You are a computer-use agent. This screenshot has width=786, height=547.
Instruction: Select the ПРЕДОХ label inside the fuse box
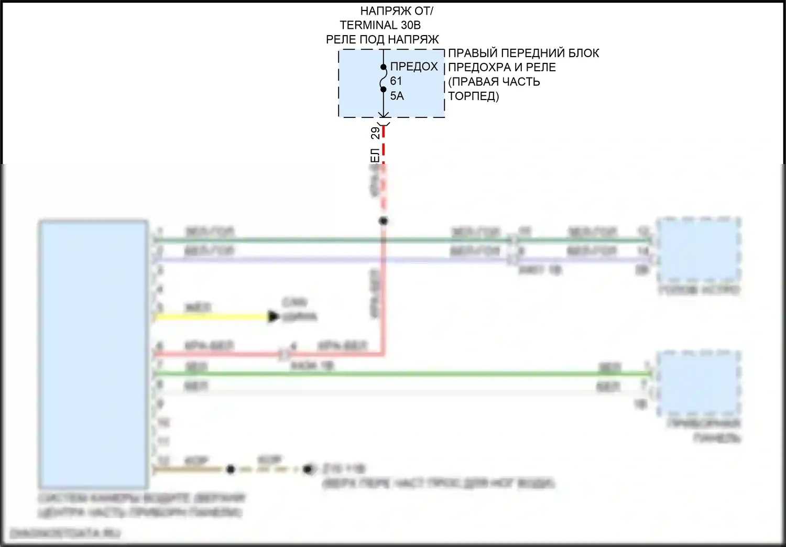coord(414,67)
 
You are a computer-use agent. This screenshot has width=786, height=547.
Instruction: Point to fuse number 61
coord(396,81)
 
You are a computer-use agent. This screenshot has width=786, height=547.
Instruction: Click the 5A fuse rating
coord(397,96)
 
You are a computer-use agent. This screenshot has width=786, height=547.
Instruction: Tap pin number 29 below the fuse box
coord(376,133)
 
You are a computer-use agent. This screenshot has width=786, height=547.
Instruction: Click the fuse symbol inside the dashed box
coord(384,79)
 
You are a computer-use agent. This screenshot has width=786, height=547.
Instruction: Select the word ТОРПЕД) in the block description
coord(473,96)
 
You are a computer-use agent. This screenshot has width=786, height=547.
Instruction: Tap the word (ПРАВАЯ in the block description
coord(471,82)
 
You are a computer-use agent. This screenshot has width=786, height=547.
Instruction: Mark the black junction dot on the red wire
coord(384,221)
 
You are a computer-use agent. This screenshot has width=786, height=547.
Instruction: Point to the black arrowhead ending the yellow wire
coord(273,316)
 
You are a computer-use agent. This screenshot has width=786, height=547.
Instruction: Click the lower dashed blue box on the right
coord(698,383)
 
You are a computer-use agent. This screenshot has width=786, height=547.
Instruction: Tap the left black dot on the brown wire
coord(231,469)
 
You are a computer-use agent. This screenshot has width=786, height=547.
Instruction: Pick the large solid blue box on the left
coord(93,354)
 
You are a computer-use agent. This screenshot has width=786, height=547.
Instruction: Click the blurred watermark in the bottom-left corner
coord(65,533)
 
